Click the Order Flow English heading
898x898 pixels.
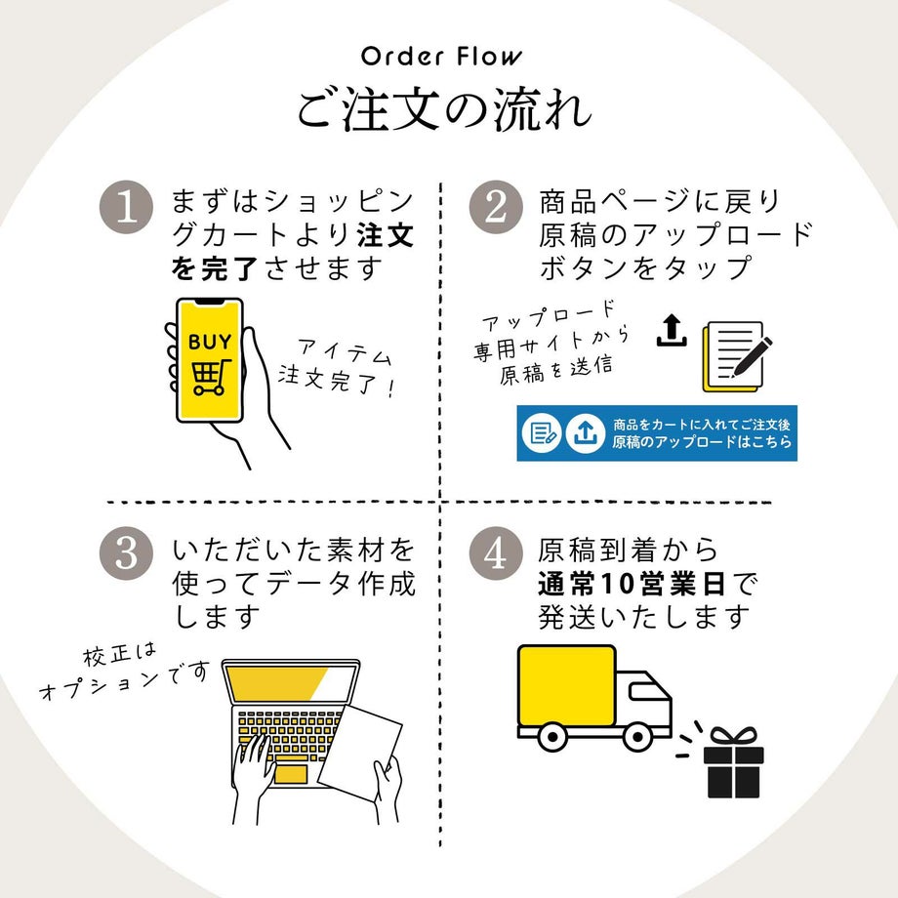coord(441,56)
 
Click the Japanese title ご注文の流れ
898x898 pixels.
coord(444,109)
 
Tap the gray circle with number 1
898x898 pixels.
coord(127,208)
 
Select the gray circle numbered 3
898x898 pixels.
coord(127,553)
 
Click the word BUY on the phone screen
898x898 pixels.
coord(210,343)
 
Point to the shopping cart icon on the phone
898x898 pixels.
coord(210,377)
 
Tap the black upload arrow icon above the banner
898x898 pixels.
coord(671,331)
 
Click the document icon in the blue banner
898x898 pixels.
coord(542,433)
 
